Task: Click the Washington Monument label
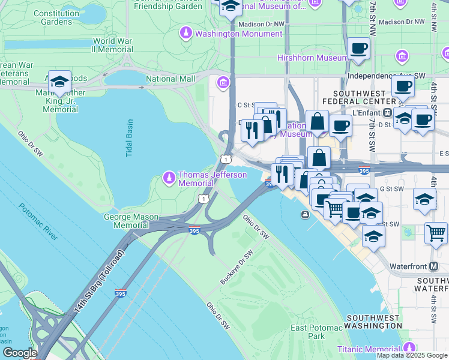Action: [238, 34]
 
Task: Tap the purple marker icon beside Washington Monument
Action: [187, 32]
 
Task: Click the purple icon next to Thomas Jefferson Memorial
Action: [169, 178]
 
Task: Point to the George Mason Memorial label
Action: [126, 221]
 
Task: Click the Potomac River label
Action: [38, 221]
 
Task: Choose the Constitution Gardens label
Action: [56, 17]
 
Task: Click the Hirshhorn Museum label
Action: [312, 58]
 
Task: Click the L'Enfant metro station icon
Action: [388, 112]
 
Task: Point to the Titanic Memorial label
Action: [368, 349]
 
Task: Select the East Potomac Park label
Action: [316, 332]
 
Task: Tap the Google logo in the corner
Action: [19, 353]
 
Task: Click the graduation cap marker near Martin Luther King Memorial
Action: [59, 82]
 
